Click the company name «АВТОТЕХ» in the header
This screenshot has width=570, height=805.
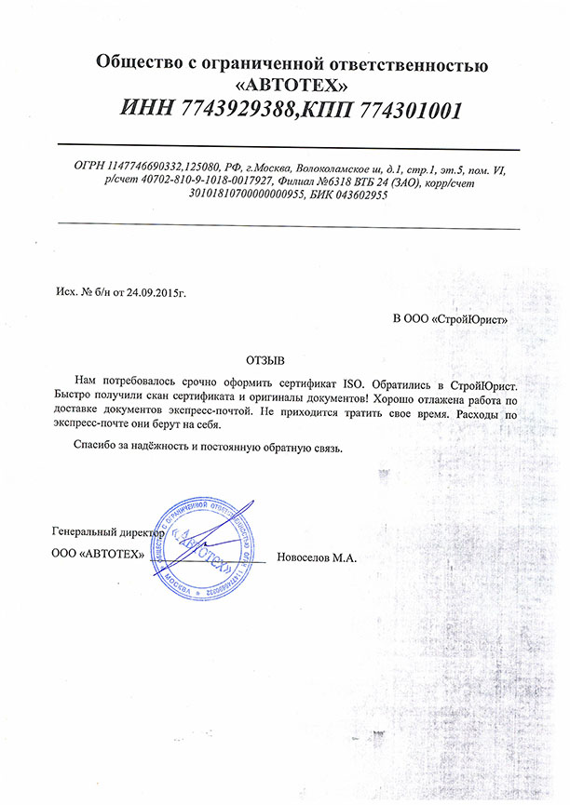tap(290, 87)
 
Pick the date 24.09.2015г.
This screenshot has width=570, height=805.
tap(156, 292)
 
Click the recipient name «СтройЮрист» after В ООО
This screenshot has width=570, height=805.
tap(473, 318)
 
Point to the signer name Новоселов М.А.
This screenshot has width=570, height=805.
tap(318, 557)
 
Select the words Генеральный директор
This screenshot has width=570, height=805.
tap(108, 534)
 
